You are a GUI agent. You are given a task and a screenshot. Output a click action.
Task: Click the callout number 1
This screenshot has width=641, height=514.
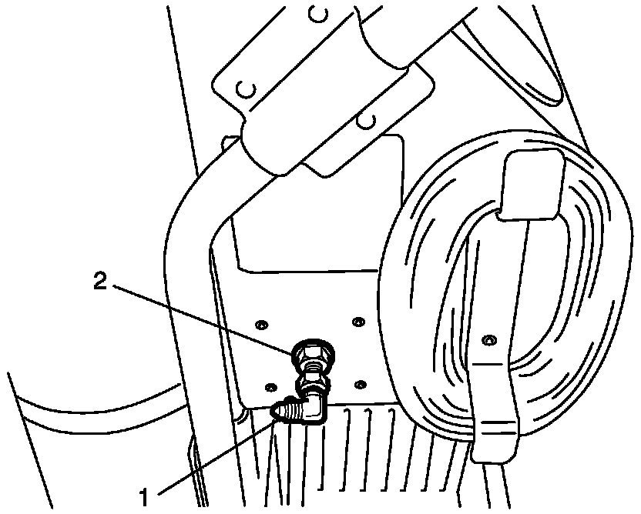[143, 490]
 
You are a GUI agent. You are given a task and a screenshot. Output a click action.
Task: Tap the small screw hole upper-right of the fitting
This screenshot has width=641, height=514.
[357, 320]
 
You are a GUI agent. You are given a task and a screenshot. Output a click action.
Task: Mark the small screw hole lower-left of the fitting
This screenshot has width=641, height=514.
[269, 385]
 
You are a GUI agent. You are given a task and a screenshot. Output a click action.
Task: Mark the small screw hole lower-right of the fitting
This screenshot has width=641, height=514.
[361, 382]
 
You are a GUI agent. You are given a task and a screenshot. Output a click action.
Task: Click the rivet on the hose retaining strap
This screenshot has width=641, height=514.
[488, 339]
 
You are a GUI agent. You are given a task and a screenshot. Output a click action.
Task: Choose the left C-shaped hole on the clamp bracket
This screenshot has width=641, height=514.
[247, 90]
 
